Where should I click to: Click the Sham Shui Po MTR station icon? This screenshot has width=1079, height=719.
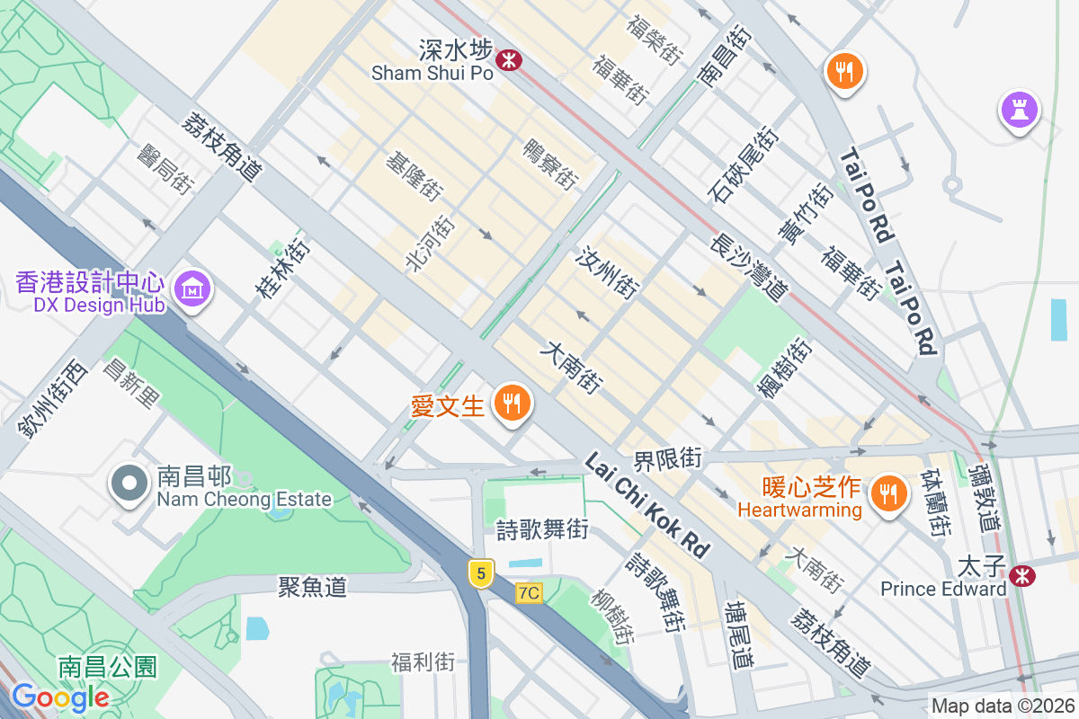509,59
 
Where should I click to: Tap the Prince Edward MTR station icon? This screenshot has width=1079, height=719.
1021,575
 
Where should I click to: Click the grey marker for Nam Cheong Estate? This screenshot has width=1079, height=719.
129,484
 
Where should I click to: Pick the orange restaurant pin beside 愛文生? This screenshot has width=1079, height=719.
513,404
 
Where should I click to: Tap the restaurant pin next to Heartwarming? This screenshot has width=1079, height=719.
887,493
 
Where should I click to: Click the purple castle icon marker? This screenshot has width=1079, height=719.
1019,111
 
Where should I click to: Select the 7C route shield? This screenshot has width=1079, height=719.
530,593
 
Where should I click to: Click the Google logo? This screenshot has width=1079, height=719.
61,697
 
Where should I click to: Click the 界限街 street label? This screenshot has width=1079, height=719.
667,458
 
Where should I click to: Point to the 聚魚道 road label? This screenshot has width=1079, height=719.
312,588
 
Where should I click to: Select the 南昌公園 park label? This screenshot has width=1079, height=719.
108,667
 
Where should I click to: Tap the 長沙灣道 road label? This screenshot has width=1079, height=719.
748,267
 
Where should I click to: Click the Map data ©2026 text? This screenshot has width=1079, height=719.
1003,706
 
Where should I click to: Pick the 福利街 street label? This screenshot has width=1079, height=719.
423,663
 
